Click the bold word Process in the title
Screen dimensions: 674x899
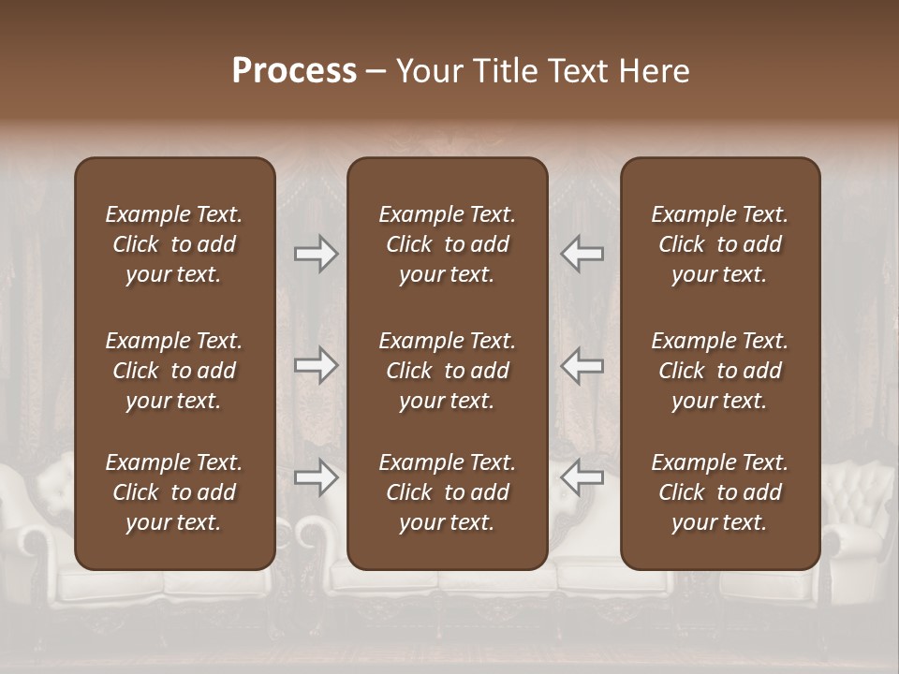(294, 71)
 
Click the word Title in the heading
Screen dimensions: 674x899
(503, 71)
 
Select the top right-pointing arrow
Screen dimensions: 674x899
(317, 254)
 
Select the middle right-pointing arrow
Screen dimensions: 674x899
(317, 365)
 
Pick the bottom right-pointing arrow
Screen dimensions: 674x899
(317, 477)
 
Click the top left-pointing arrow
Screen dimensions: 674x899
(582, 254)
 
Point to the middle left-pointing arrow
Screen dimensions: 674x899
(582, 365)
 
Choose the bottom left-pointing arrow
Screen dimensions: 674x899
(582, 477)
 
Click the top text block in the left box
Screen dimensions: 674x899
(174, 244)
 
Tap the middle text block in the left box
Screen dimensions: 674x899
(174, 371)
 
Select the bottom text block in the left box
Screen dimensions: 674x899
(174, 492)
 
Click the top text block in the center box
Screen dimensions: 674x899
(447, 244)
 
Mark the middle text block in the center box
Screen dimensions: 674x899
(447, 371)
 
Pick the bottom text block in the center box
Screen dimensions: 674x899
(447, 492)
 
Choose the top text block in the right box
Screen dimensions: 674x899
(719, 244)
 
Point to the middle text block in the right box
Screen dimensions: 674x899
(719, 371)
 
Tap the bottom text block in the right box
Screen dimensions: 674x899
(719, 492)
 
